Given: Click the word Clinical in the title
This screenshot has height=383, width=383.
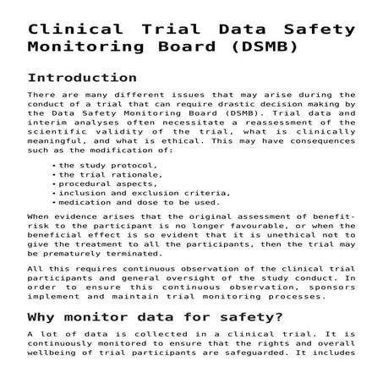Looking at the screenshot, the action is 65,30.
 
